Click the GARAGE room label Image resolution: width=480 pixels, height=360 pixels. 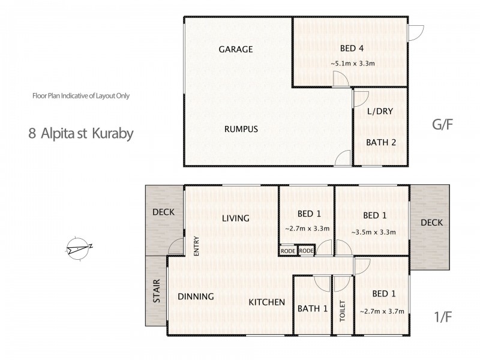235,49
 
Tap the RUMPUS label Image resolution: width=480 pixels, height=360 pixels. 241,129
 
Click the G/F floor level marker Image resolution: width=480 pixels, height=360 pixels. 442,126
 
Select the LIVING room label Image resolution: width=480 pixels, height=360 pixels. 235,218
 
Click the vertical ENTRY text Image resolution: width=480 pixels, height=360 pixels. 196,246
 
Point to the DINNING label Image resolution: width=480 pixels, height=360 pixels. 196,296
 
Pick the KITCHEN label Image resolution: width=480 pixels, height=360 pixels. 266,302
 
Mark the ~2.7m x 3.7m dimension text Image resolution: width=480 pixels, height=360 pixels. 382,311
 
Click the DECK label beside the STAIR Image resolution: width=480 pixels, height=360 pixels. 163,212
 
